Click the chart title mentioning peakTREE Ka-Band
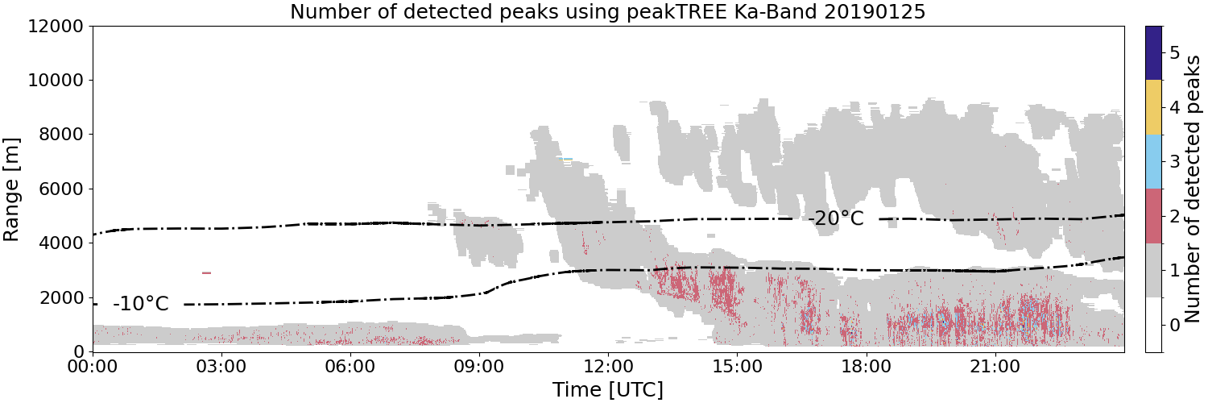[x=607, y=11]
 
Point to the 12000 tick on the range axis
[x=56, y=26]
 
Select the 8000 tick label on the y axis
[x=61, y=135]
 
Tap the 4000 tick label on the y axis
[x=61, y=243]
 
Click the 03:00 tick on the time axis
[x=222, y=367]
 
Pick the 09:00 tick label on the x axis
[x=479, y=367]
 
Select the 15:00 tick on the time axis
[x=737, y=367]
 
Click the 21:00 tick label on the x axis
[x=995, y=367]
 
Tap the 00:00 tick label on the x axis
[x=93, y=367]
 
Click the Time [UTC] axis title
[x=608, y=389]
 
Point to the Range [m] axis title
[x=10, y=189]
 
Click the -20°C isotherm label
[x=835, y=218]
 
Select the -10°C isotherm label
[x=141, y=304]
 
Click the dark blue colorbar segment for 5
[x=1153, y=53]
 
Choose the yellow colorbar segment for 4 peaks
[x=1153, y=107]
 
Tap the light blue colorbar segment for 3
[x=1153, y=162]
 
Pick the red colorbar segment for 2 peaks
[x=1153, y=216]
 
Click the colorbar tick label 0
[x=1174, y=325]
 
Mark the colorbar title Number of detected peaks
[x=1194, y=189]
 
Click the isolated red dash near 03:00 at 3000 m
[x=206, y=273]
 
